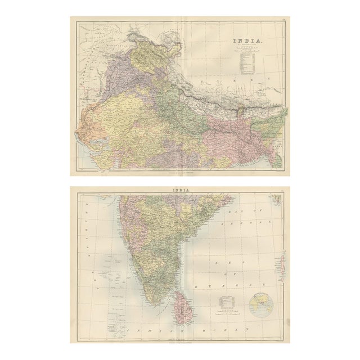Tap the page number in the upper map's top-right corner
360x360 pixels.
click(286, 22)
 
